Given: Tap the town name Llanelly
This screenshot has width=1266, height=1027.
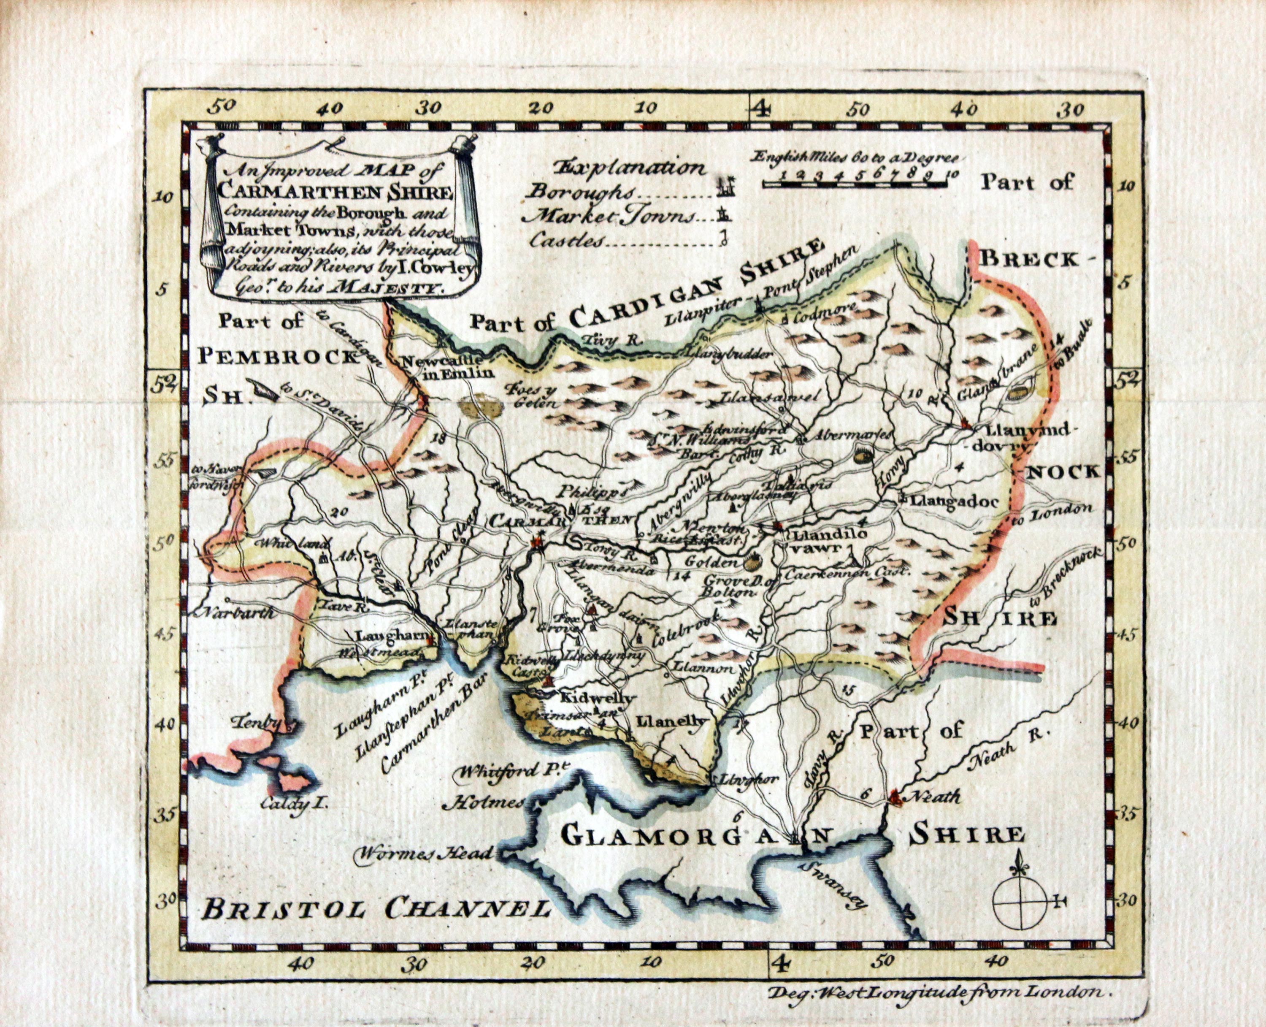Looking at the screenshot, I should [672, 721].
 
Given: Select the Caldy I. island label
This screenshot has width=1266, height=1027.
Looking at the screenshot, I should [295, 803].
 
